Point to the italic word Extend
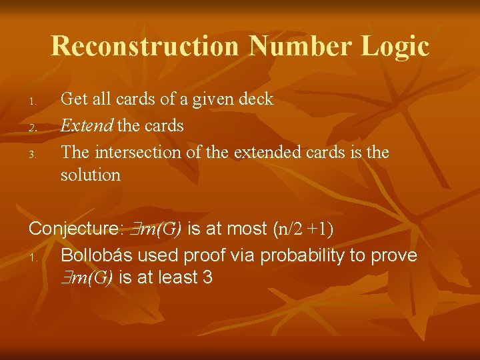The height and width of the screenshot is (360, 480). [x=86, y=125]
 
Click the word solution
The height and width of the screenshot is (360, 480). [x=91, y=175]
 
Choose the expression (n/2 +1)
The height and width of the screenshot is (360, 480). [x=303, y=229]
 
